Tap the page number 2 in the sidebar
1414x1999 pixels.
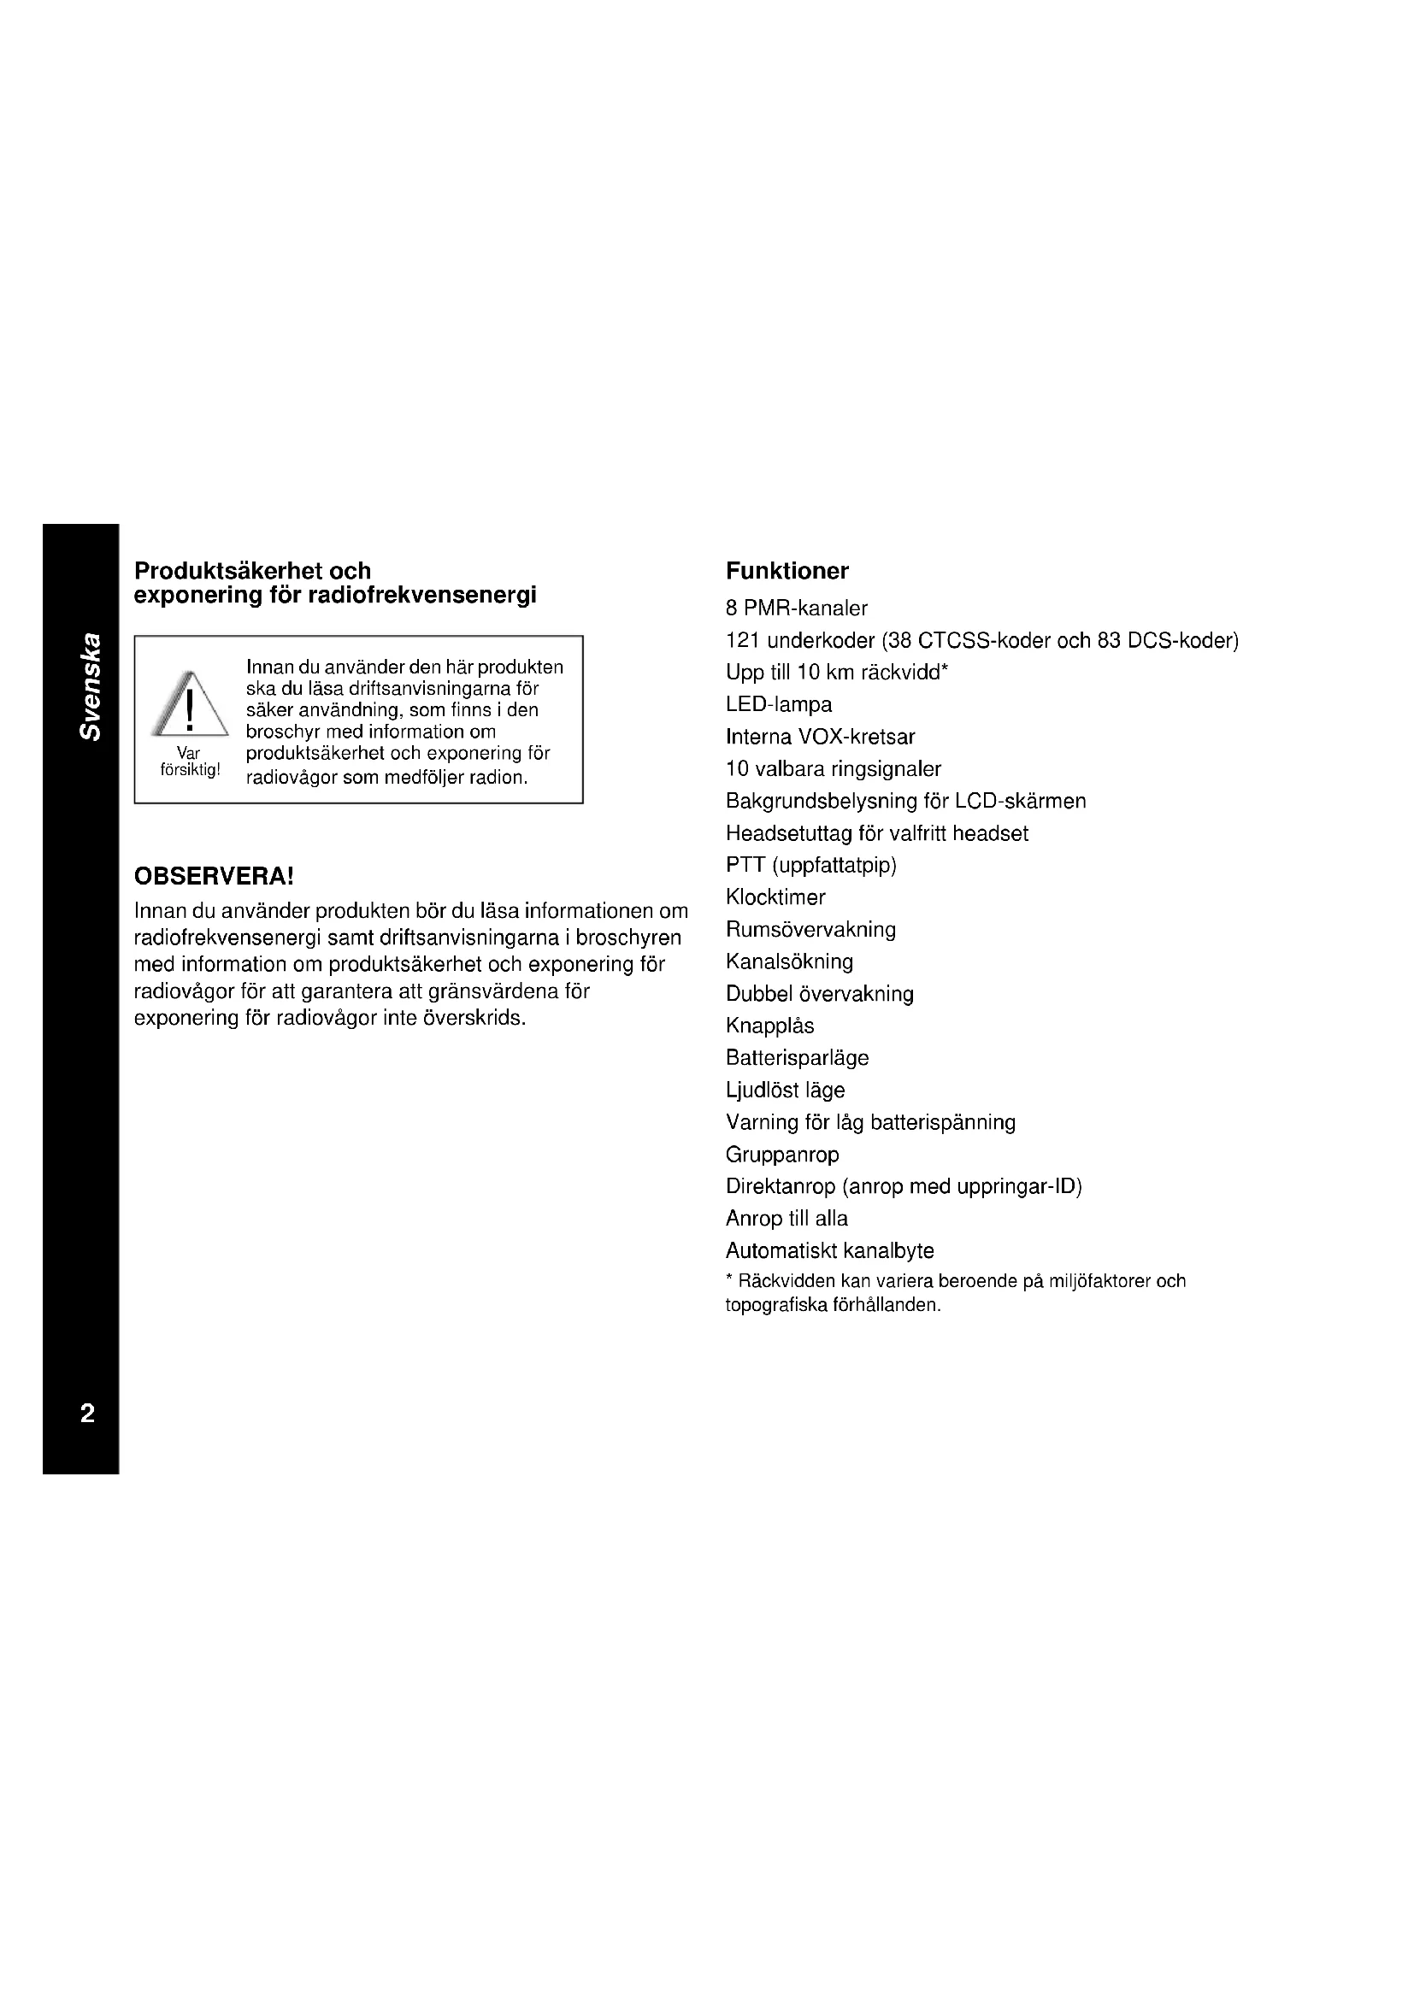87,1413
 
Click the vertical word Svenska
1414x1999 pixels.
91,688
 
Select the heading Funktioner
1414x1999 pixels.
787,571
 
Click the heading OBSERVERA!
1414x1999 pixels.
215,876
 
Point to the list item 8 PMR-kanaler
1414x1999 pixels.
797,609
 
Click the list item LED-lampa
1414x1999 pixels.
779,704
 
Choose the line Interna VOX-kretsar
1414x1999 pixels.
820,738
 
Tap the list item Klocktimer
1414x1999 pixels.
775,897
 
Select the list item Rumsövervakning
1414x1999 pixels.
810,930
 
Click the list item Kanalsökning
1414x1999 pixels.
789,962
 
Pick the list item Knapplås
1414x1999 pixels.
769,1026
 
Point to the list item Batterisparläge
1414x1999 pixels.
797,1059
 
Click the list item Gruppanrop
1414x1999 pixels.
782,1155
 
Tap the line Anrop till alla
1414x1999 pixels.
787,1219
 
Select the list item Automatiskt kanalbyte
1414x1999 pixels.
829,1251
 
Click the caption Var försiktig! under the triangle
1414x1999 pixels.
190,761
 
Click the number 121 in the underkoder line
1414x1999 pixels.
743,641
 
